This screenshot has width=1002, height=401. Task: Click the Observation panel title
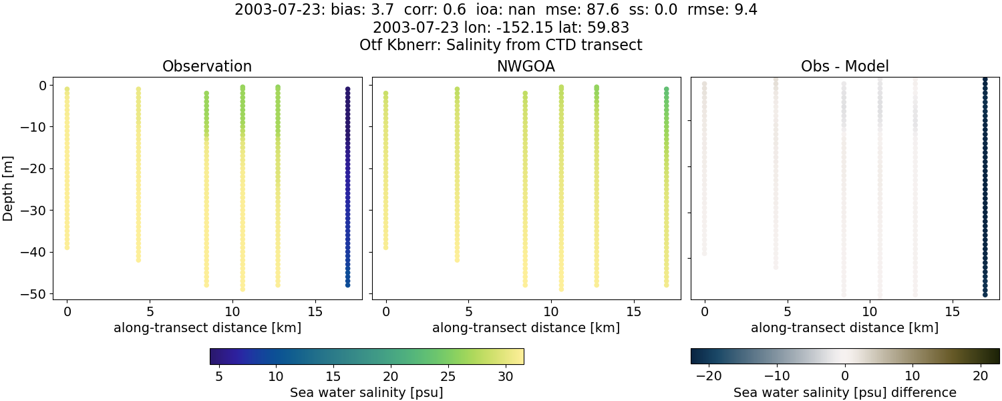click(207, 67)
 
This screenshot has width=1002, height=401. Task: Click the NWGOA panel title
click(526, 67)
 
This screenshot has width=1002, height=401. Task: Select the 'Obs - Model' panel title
click(844, 67)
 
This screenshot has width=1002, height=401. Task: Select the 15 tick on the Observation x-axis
click(315, 311)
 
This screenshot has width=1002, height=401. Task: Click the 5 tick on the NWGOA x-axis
click(468, 311)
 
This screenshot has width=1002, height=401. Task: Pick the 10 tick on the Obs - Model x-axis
click(870, 311)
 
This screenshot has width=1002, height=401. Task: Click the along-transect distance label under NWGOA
click(526, 328)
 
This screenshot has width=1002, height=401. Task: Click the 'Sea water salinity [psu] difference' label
click(844, 392)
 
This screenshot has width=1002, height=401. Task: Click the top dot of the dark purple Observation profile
click(347, 89)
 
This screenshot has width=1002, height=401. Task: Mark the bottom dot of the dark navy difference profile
click(985, 294)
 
